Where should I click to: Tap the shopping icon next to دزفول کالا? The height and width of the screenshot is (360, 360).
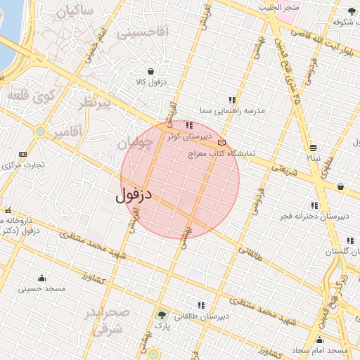pyautogui.click(x=151, y=71)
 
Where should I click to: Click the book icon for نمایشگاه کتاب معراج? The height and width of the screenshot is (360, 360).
pyautogui.click(x=222, y=143)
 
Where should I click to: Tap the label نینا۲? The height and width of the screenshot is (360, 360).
pyautogui.click(x=311, y=159)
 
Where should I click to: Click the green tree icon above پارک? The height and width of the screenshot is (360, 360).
pyautogui.click(x=163, y=316)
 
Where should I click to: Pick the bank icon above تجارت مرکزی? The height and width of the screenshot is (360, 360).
pyautogui.click(x=23, y=154)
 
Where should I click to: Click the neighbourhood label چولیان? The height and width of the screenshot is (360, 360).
pyautogui.click(x=134, y=143)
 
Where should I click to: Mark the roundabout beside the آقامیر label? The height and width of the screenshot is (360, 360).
pyautogui.click(x=41, y=131)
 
